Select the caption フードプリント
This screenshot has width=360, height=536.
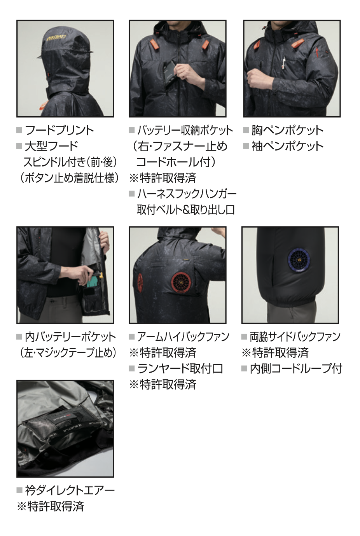click(59, 130)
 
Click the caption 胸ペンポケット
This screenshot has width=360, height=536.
click(287, 130)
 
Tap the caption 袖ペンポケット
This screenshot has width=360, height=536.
click(287, 146)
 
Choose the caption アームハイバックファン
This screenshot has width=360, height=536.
click(183, 337)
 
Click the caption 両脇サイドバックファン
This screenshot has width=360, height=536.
click(295, 337)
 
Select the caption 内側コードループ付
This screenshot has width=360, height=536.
click(296, 369)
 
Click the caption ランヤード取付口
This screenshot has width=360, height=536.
click(180, 369)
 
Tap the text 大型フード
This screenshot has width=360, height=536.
click(52, 146)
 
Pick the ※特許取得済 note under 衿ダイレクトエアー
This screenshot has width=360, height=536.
click(51, 506)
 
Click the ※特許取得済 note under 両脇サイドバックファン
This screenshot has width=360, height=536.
click(275, 353)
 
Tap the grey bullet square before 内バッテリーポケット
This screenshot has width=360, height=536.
click(19, 337)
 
